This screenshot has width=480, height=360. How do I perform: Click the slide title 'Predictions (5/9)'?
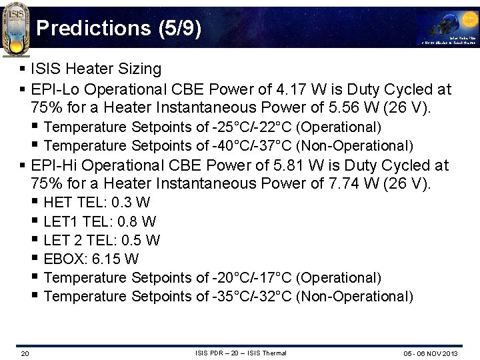point(118,29)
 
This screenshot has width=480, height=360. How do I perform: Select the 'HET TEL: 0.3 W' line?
point(97,203)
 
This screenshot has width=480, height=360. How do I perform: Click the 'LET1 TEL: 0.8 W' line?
point(100,221)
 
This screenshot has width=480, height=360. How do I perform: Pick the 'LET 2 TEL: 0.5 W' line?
point(102,240)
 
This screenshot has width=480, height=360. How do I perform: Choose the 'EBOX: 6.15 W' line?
point(91,259)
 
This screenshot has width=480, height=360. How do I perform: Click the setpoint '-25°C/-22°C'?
point(253,127)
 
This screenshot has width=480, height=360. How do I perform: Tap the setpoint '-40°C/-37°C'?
point(253,145)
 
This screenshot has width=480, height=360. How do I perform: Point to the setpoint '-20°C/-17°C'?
point(253,277)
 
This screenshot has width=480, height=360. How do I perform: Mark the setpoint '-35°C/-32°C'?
point(253,296)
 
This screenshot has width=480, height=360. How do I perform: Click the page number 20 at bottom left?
point(25,353)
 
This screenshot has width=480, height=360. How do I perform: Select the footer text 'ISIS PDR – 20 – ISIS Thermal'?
point(241,353)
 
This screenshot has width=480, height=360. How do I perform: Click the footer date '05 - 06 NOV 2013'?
point(430,353)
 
